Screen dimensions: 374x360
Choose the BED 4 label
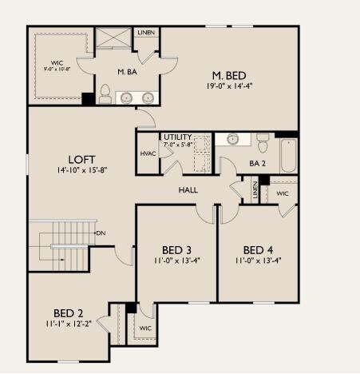(x=258, y=249)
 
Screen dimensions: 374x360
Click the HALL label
(x=188, y=190)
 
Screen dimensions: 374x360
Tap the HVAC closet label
(x=147, y=154)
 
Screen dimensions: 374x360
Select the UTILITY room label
(x=177, y=137)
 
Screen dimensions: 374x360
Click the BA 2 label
(x=256, y=163)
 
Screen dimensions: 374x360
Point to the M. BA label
(x=128, y=73)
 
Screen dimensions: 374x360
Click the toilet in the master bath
(x=105, y=93)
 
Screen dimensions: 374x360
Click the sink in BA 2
(x=233, y=139)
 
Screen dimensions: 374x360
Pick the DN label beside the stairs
(x=101, y=233)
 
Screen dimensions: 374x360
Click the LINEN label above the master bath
(x=145, y=33)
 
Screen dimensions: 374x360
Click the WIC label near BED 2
(x=144, y=328)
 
